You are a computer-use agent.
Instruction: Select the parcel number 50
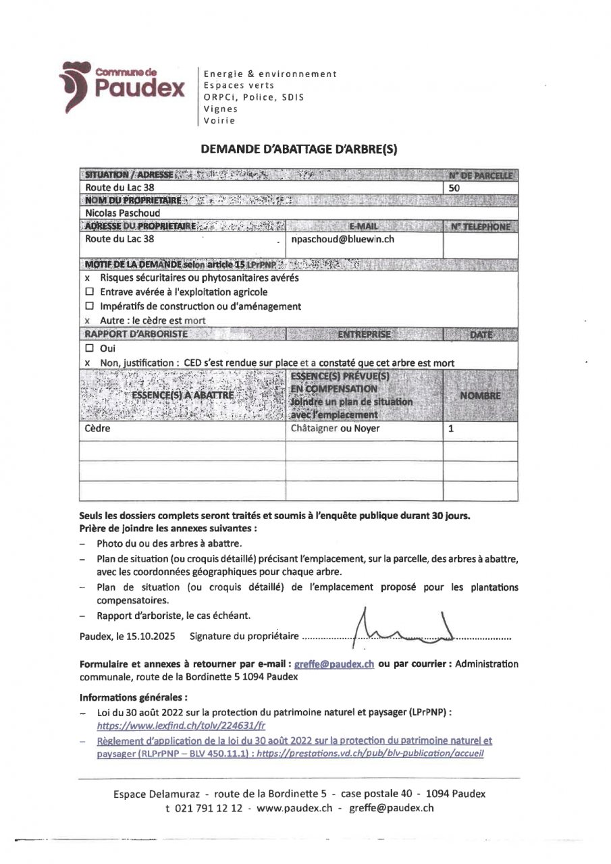[454, 189]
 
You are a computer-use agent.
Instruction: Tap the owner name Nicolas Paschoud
[118, 213]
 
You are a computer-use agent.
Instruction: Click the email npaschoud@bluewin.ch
[342, 239]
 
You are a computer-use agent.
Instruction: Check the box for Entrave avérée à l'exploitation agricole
[89, 292]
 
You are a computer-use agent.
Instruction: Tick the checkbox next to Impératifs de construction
[89, 306]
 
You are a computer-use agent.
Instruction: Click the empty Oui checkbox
[89, 349]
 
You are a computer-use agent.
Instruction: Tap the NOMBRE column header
[480, 396]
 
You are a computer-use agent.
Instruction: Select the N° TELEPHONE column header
[480, 227]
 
